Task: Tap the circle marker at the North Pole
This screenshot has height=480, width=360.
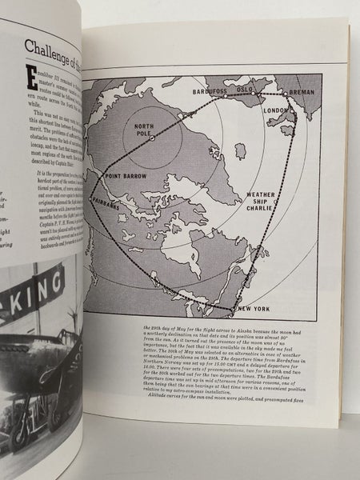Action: point(152,138)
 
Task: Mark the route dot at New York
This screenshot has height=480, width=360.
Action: point(233,308)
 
